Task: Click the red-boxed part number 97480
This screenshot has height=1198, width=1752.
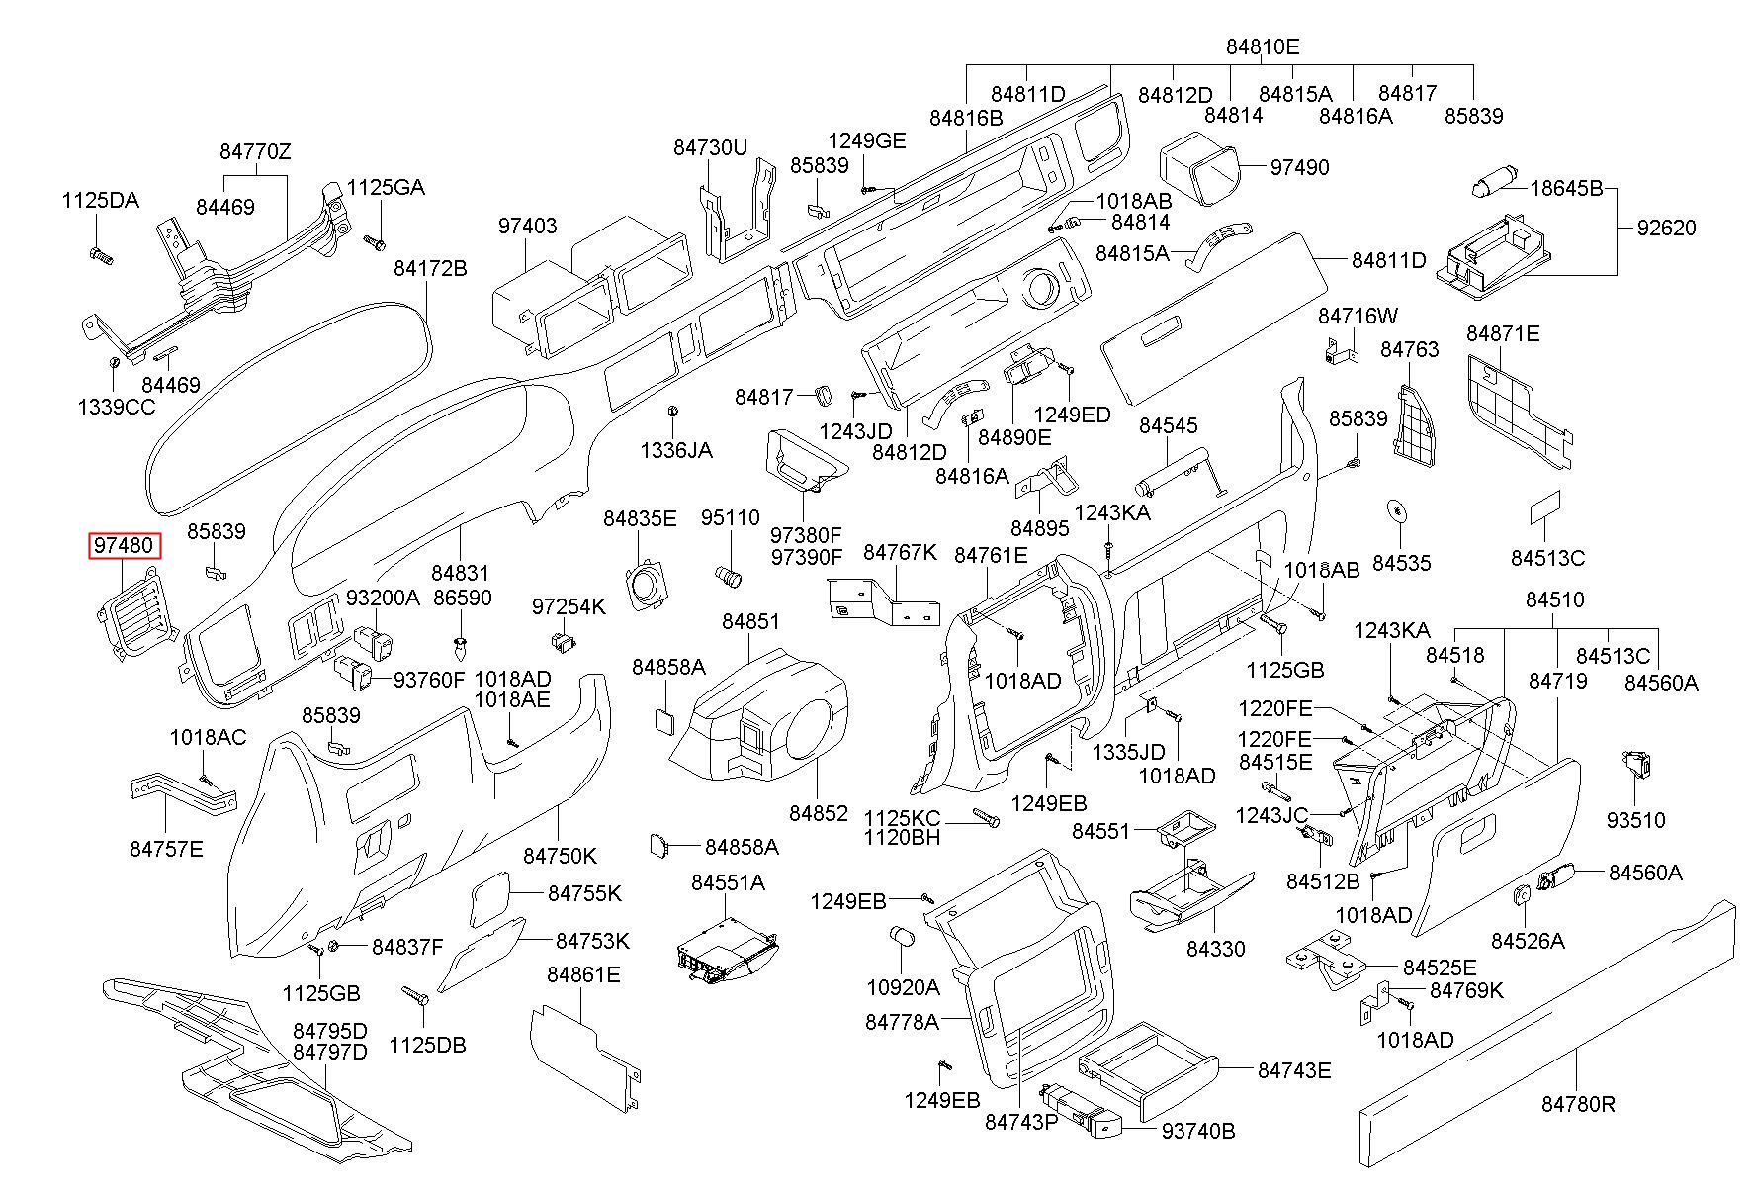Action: (x=124, y=546)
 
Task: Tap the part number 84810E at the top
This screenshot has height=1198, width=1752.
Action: (x=1263, y=46)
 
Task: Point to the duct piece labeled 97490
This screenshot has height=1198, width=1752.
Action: (x=1200, y=168)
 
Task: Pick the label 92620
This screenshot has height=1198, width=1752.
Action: (x=1666, y=229)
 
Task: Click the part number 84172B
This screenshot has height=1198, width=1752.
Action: (x=430, y=269)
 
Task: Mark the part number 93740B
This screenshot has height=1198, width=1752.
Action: (x=1198, y=1131)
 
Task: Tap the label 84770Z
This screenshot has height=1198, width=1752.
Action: (x=255, y=151)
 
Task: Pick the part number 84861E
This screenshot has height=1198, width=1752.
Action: (x=583, y=975)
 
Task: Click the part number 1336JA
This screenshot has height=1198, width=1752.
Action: (x=675, y=451)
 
